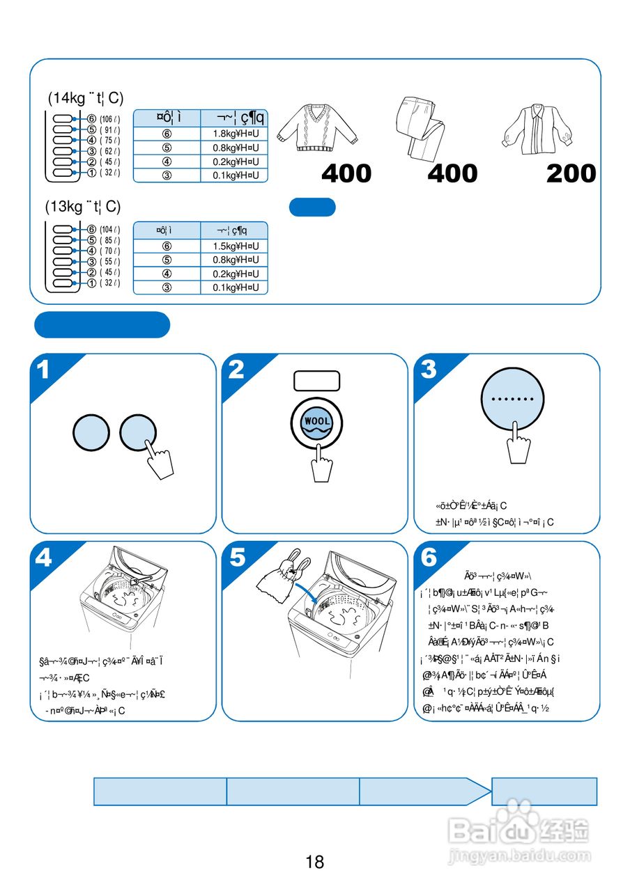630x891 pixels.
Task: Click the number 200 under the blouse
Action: click(571, 173)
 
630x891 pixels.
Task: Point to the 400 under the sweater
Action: click(346, 173)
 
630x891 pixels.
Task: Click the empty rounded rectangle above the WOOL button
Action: click(316, 381)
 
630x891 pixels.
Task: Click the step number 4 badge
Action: click(44, 558)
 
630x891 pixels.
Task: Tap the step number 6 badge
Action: click(429, 558)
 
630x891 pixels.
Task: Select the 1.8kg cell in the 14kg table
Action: click(235, 134)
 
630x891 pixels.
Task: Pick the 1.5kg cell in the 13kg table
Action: click(235, 246)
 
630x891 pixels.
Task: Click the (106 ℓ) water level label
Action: click(109, 120)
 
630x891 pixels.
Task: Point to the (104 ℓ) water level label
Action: click(109, 230)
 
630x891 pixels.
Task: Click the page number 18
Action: click(314, 862)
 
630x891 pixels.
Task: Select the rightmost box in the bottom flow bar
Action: click(544, 791)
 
